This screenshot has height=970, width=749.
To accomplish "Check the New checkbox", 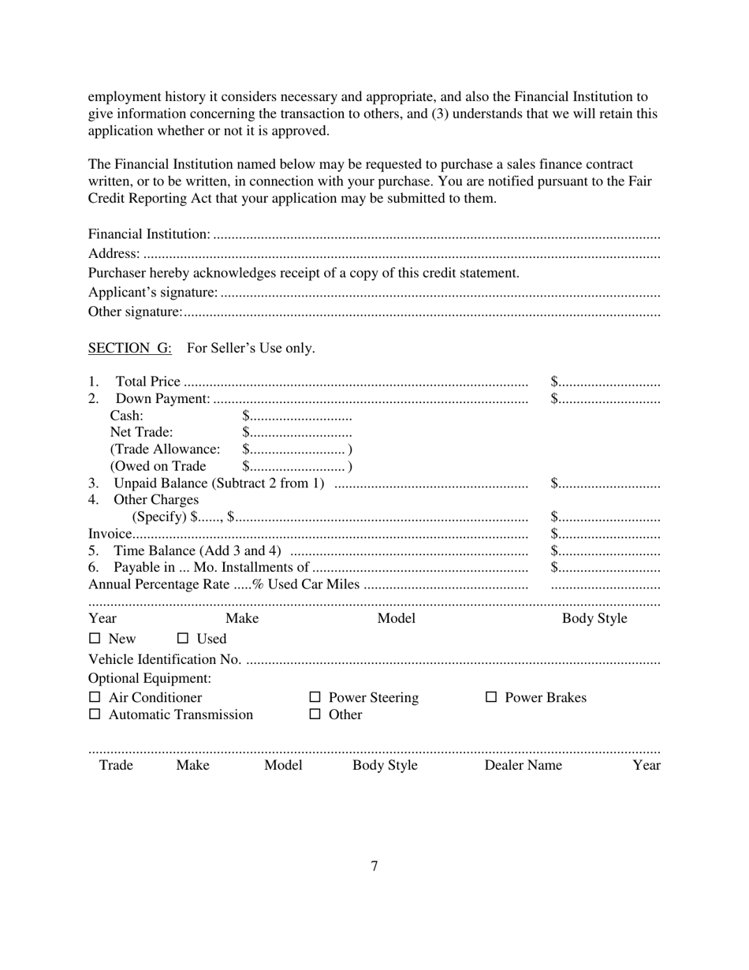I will click(x=95, y=638).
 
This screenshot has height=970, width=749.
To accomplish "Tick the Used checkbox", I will click(x=183, y=638).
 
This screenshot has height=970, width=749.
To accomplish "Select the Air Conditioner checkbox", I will click(x=95, y=697).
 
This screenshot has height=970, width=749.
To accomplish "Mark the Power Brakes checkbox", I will click(x=491, y=697).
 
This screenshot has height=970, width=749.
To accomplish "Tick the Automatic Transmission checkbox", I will click(x=95, y=714).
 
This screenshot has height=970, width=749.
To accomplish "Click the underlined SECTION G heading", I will click(x=129, y=348).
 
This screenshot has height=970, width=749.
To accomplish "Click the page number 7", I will click(x=374, y=866).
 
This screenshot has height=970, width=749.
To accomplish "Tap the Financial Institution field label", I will click(x=149, y=234).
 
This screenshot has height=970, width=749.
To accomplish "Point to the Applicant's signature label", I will click(x=153, y=293).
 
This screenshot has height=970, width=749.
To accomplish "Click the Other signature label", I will click(x=135, y=312).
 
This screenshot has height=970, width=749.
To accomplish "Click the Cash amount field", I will click(x=297, y=416).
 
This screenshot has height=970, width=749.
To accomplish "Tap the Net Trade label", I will click(x=141, y=432).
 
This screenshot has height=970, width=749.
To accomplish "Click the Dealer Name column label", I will click(x=523, y=765).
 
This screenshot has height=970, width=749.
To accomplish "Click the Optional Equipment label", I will click(x=149, y=678).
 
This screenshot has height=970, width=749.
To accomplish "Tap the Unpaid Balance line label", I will click(x=218, y=483).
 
